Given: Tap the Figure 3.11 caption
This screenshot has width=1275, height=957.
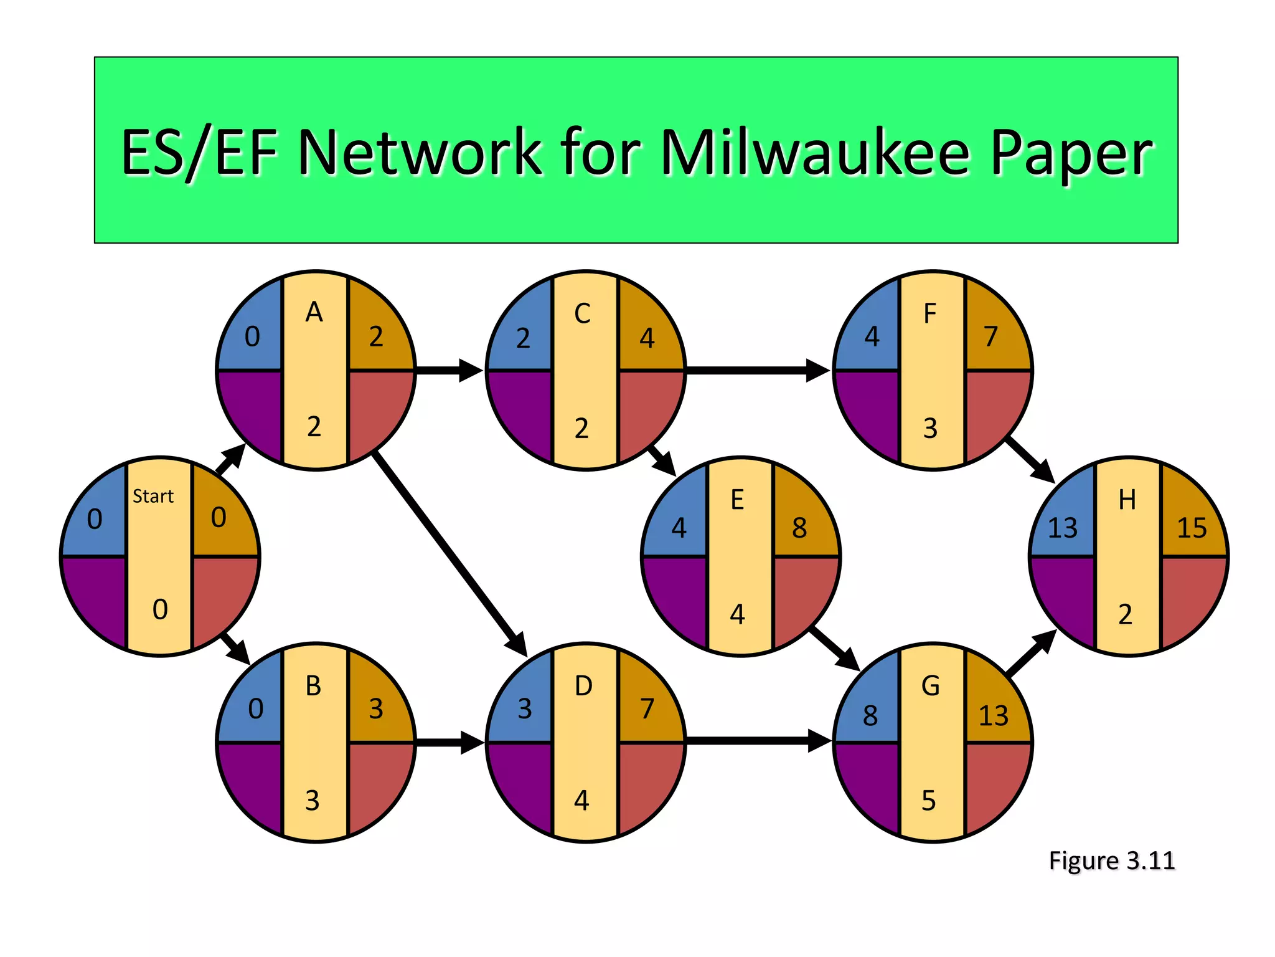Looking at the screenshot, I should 1111,861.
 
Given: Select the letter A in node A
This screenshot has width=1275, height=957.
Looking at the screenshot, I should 314,312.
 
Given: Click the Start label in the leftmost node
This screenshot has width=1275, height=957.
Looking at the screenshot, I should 153,497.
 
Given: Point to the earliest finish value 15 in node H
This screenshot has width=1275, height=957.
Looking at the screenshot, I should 1192,528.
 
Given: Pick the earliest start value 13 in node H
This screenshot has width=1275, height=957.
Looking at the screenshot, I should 1062,528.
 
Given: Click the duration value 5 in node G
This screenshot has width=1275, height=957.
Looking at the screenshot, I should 929,801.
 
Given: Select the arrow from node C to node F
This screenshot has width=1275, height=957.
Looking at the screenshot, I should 756,370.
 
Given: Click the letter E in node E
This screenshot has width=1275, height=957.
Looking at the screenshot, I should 737,500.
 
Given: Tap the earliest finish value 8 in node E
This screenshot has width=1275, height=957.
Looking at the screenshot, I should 799,528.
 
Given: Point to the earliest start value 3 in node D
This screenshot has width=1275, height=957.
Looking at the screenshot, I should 525,709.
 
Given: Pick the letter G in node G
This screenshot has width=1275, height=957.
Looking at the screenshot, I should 930,686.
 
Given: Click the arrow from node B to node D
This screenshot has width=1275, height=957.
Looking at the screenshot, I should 449,742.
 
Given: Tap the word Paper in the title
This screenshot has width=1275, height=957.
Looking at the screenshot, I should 1071,153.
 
